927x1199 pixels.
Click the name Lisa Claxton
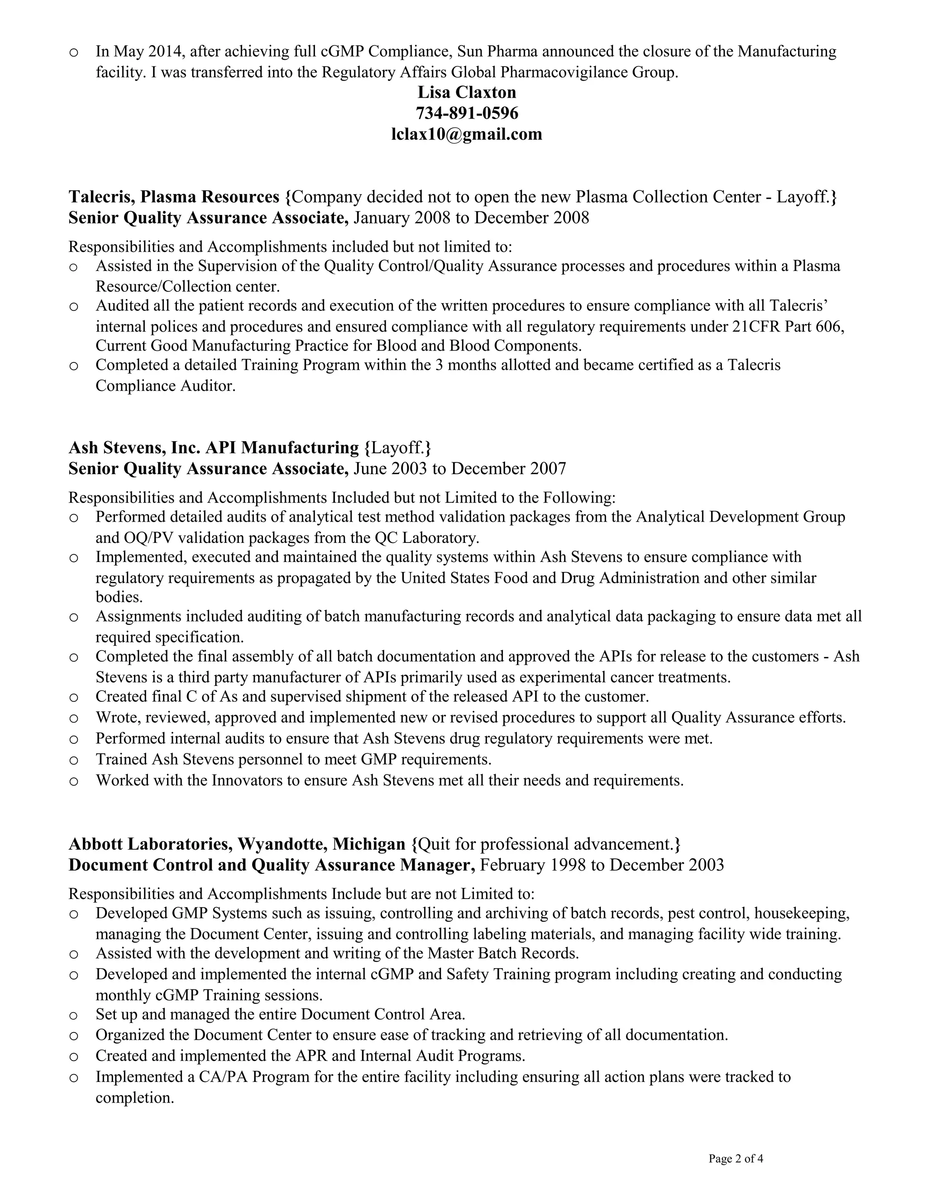tap(466, 92)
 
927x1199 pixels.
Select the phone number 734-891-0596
tap(466, 113)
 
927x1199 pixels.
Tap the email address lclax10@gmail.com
tap(466, 134)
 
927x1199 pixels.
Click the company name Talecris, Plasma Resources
tap(174, 196)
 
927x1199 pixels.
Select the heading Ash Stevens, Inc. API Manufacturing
tap(214, 447)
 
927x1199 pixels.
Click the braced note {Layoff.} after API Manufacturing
tap(397, 447)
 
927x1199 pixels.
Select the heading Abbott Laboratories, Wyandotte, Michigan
tap(237, 844)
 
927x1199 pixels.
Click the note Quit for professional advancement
tap(546, 844)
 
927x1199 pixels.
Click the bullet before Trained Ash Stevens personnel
tap(74, 760)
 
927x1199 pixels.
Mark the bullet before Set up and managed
tap(74, 1014)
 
